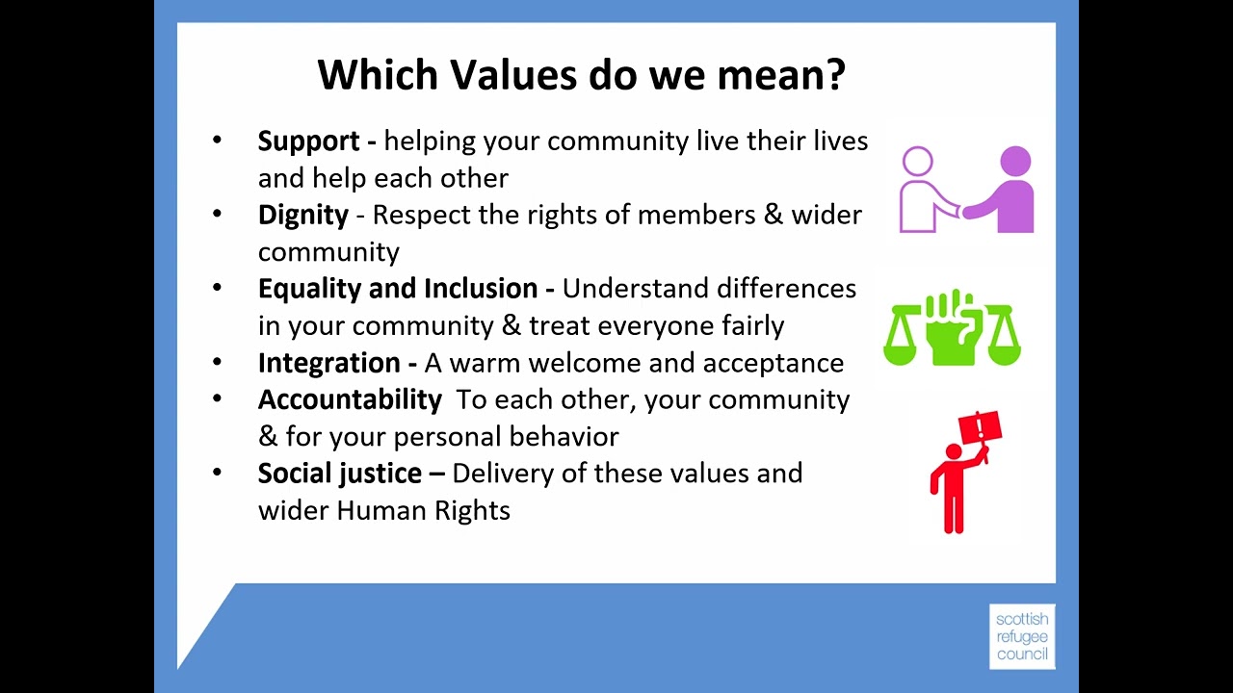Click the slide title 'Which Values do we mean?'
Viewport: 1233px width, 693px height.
coord(582,74)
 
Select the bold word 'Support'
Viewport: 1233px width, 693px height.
coord(307,141)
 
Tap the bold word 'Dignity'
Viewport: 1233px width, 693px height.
coord(302,215)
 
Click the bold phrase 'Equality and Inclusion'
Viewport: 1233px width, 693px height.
coord(397,289)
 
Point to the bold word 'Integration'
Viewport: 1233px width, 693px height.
coord(328,363)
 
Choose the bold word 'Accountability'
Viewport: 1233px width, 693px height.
coord(350,399)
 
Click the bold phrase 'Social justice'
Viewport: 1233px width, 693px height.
coord(339,474)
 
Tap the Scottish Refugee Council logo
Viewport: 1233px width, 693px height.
coord(1022,636)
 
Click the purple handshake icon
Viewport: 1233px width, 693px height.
coord(966,190)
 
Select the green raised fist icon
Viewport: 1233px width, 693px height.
coord(952,328)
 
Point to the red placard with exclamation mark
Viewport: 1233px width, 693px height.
coord(981,426)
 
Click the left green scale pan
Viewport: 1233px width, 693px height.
coord(902,350)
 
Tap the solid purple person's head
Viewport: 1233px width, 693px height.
coord(1015,161)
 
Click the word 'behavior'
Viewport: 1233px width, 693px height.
coord(564,437)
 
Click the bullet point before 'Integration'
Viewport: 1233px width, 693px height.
coord(217,362)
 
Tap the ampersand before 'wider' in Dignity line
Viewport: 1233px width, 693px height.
coord(774,215)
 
